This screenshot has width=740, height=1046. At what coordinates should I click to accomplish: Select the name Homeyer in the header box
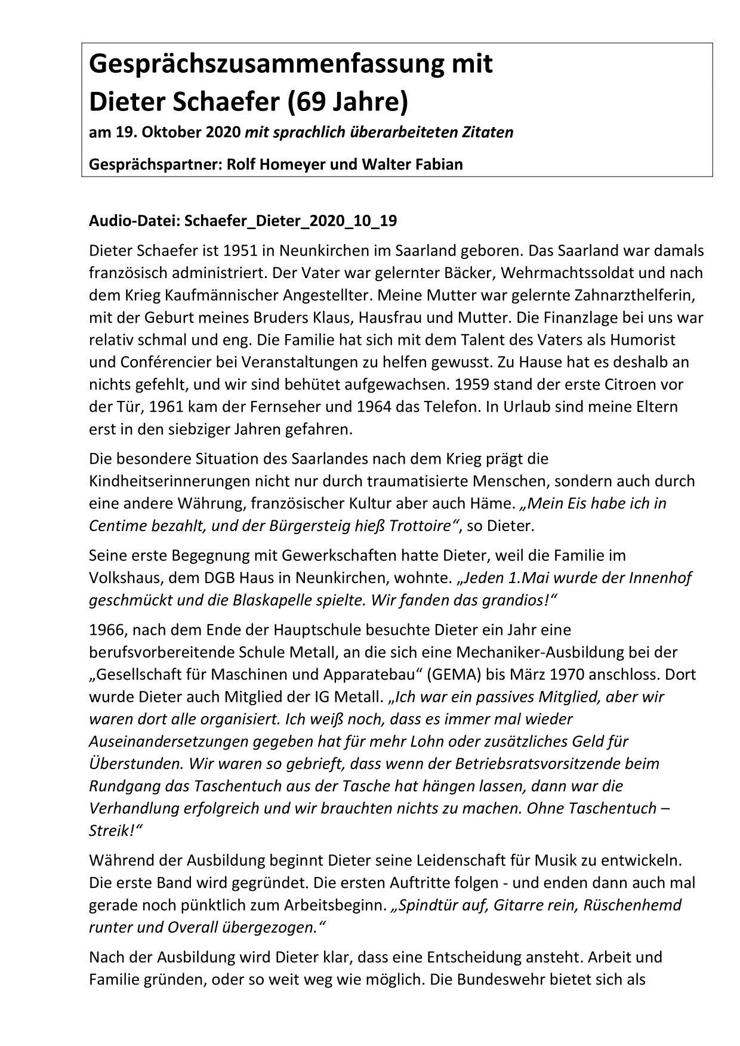click(x=291, y=164)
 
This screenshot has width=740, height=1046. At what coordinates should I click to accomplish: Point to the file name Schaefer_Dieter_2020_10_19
click(x=291, y=221)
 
